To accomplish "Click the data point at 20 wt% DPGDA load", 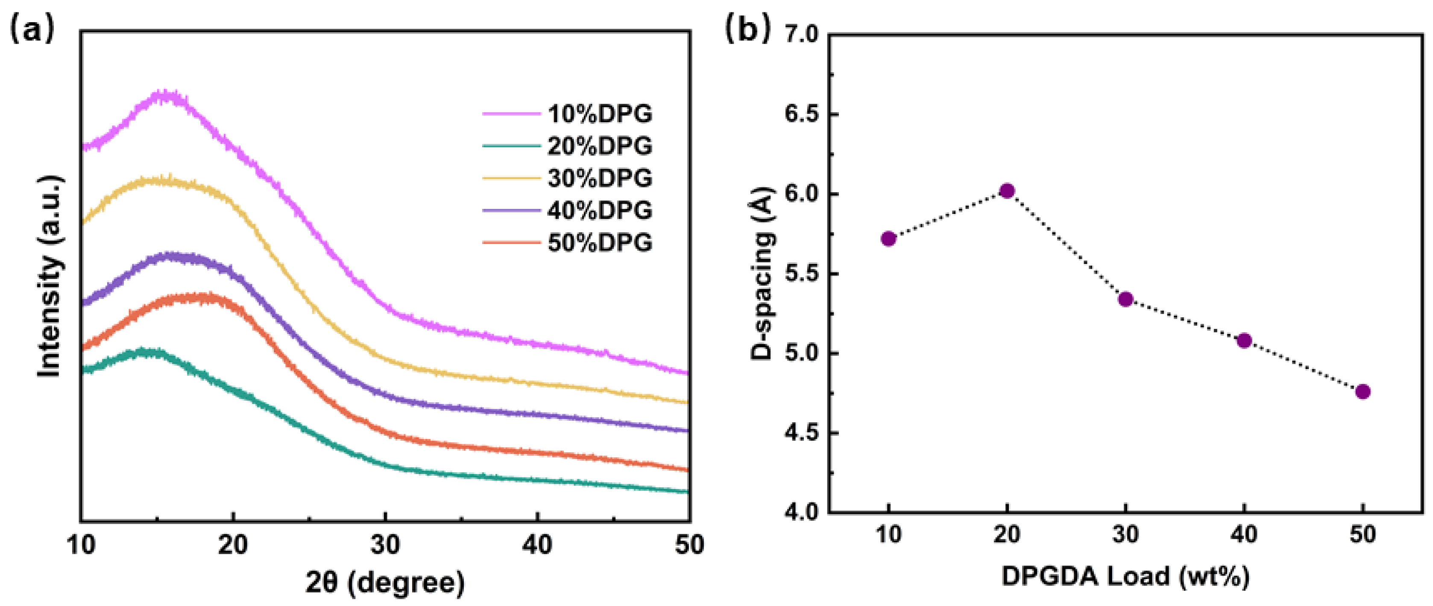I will (1007, 191).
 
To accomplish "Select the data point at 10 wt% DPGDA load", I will (888, 239).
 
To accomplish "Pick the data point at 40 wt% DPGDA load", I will (1244, 340).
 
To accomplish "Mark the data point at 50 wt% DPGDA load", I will (1363, 392).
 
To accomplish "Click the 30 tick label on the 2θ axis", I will (385, 545).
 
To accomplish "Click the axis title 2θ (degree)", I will (385, 583).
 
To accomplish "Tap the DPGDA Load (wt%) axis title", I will (1125, 577).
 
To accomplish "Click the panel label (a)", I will (32, 29).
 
